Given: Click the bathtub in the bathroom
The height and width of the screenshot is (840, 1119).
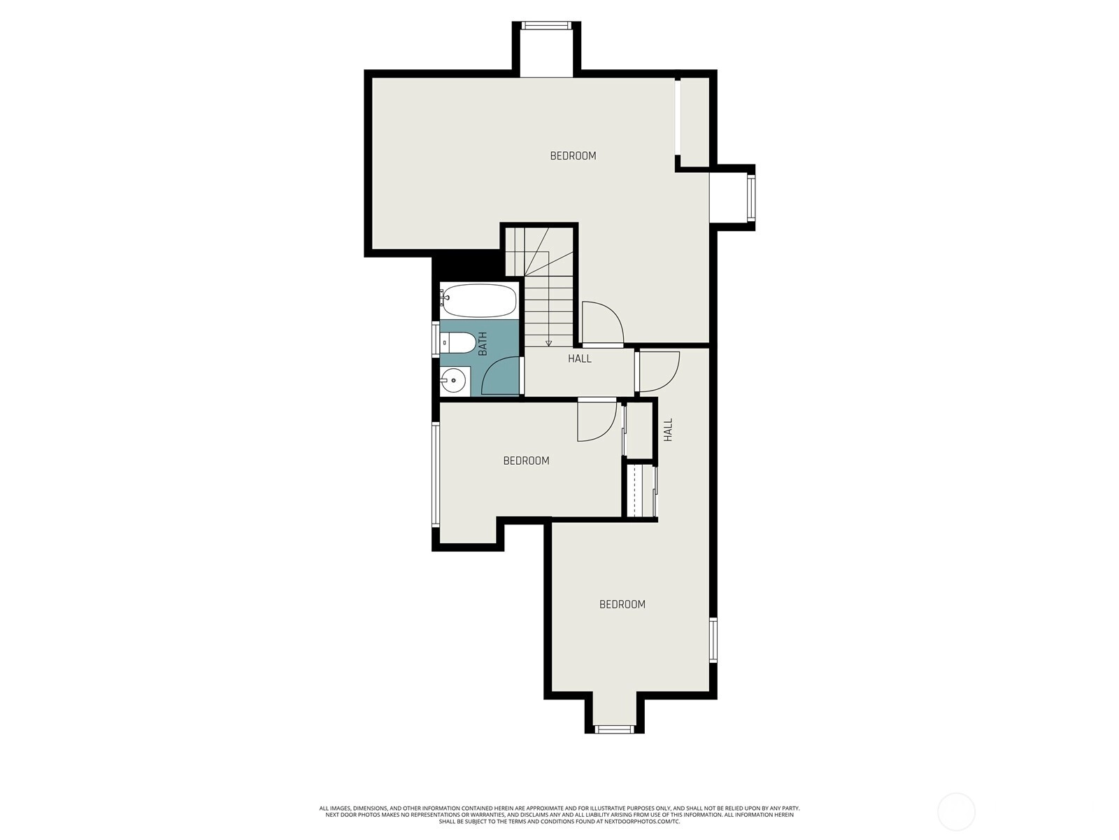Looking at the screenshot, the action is coord(478,300).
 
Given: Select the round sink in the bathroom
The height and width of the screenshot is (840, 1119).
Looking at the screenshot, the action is coord(452,381).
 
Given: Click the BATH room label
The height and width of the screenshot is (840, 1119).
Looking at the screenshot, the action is coord(483,344).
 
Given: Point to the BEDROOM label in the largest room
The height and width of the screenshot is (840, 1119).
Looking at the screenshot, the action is coord(573,156).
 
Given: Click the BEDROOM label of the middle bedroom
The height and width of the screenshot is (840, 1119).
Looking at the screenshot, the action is coord(526,461).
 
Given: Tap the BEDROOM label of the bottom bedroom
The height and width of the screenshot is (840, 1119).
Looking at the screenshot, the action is coord(622,604).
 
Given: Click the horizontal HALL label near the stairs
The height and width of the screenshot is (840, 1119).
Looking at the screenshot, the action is coord(580,358).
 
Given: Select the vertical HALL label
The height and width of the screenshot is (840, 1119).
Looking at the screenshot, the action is coord(669,430).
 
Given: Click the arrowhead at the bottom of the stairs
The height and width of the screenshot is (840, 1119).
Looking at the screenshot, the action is coord(548,343).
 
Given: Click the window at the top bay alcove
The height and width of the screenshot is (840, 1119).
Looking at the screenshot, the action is coord(546,25).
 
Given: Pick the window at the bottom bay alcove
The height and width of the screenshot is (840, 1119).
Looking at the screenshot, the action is coord(614,729).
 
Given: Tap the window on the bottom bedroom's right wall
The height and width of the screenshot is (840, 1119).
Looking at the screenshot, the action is coord(713,640).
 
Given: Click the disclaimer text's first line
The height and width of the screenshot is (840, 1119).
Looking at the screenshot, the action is coord(559,808).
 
